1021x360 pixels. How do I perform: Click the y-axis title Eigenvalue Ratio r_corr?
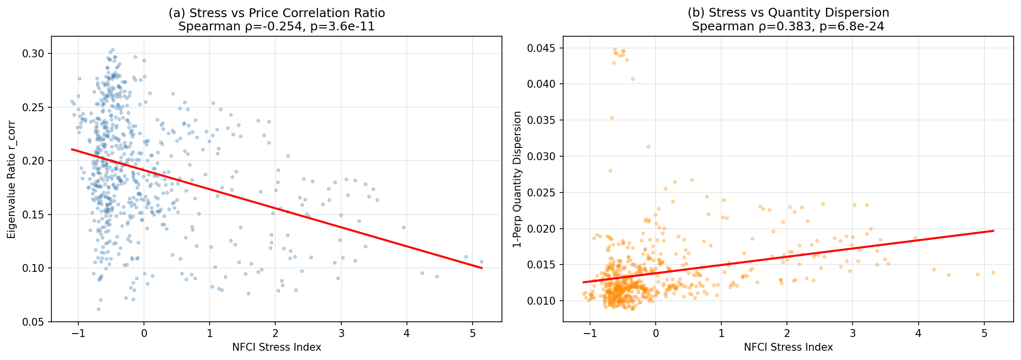point(11,179)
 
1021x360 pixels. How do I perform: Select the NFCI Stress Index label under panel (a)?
point(277,347)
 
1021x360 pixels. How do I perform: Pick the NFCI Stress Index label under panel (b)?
point(788,347)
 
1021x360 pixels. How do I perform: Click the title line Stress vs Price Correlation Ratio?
point(277,13)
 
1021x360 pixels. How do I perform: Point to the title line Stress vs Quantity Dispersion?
point(788,13)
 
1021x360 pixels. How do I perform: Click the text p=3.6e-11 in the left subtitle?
point(340,26)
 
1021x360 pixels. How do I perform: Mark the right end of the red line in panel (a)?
point(482,268)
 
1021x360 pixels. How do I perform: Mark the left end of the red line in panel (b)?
point(583,282)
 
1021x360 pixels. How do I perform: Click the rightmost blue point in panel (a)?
point(481,262)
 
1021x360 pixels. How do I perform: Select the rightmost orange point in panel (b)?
point(993,272)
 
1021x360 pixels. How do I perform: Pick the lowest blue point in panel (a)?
point(98,309)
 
